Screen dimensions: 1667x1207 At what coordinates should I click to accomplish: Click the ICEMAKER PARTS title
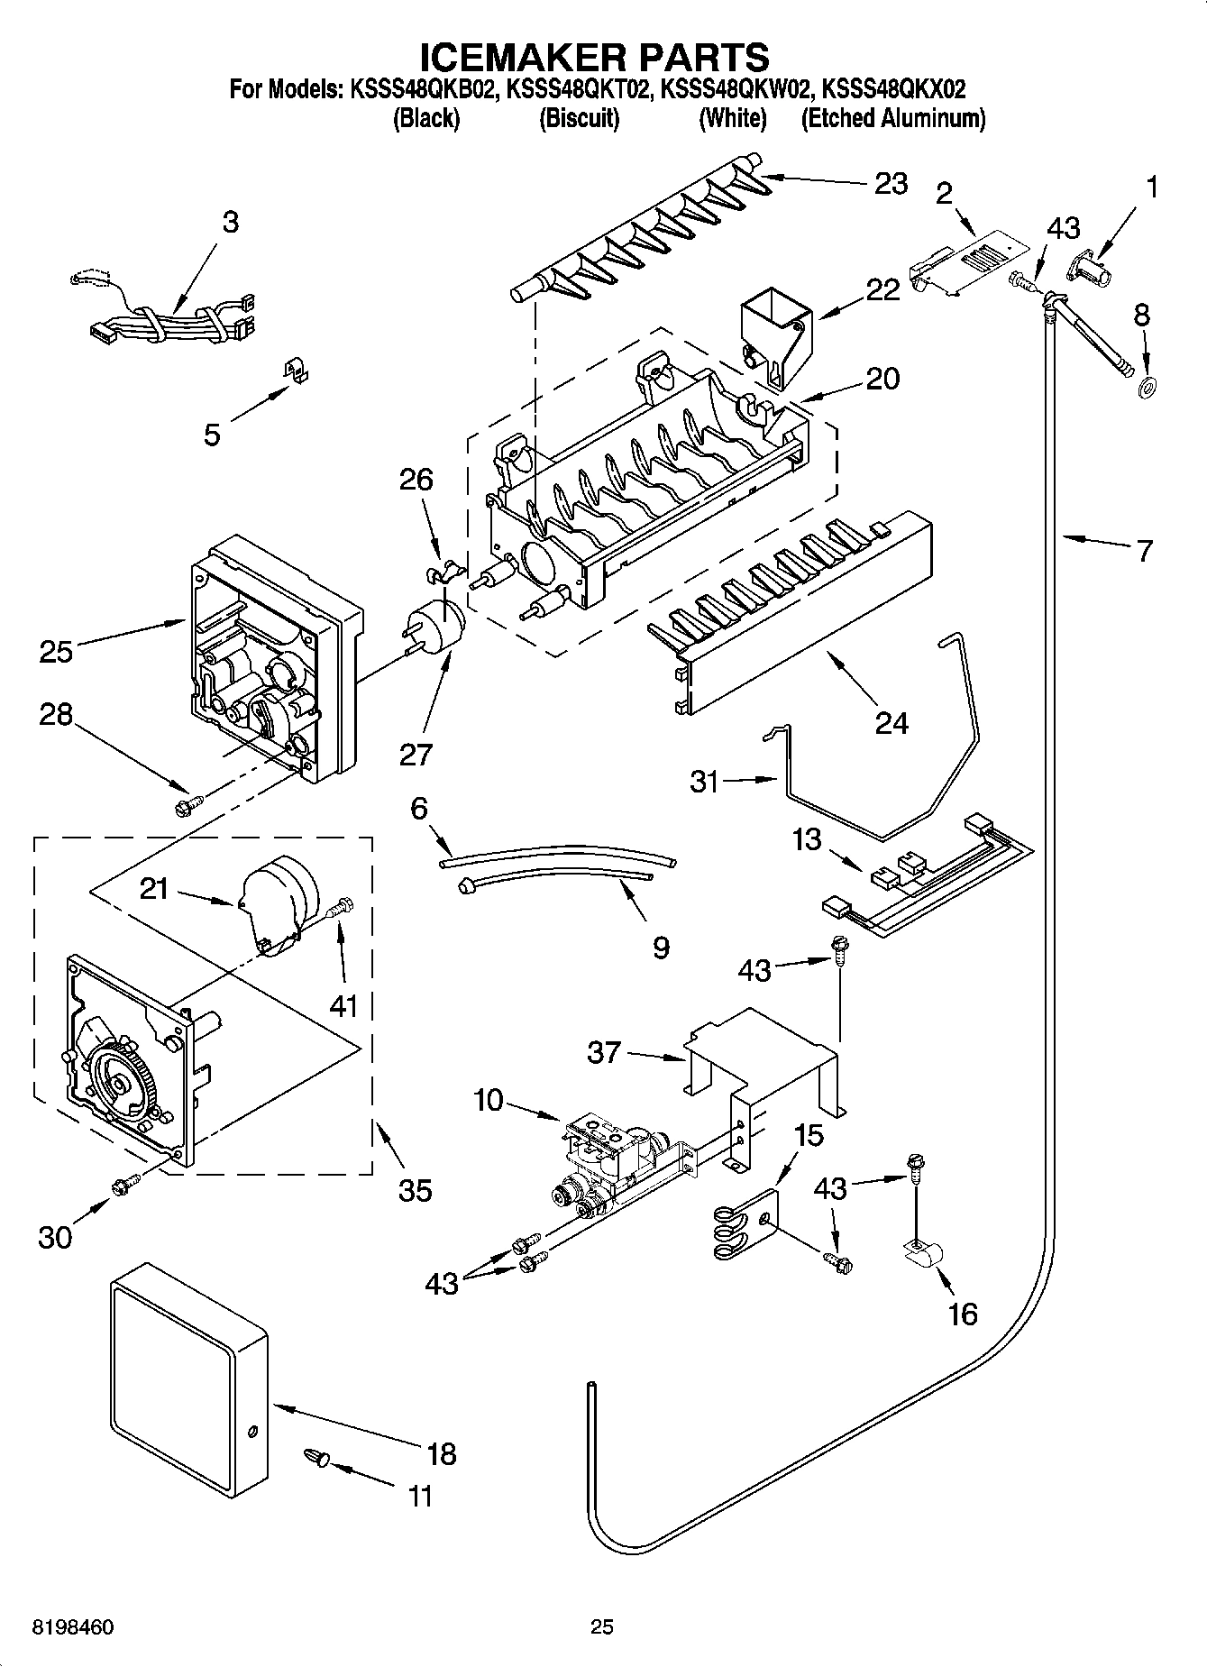595,56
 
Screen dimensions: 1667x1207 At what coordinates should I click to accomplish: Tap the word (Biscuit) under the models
579,118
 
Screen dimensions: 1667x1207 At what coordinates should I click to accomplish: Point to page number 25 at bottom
601,1626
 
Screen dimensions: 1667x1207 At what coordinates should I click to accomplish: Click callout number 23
891,183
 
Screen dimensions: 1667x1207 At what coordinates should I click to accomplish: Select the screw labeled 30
123,1188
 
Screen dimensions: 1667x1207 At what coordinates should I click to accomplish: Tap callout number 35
415,1190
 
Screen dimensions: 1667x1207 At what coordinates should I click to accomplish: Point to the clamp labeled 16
922,1252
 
